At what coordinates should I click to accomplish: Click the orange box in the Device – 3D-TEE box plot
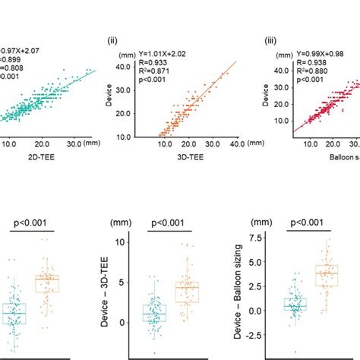(x=187, y=292)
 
